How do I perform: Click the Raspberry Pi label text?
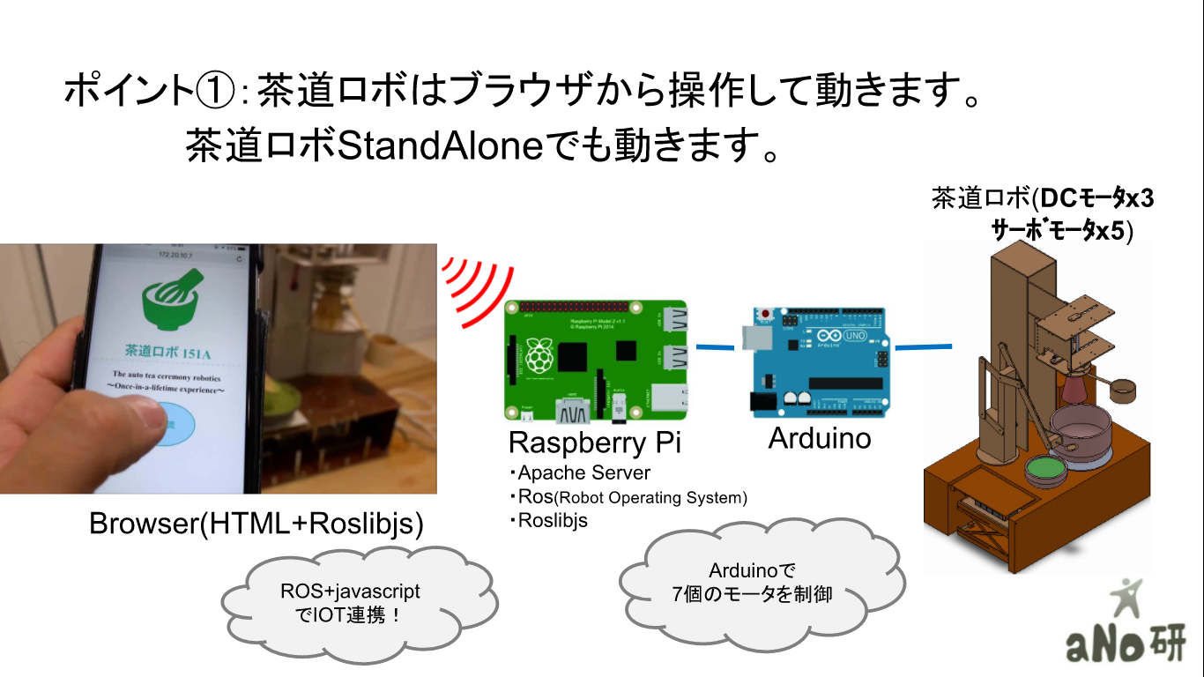point(595,442)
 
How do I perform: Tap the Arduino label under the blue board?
point(820,438)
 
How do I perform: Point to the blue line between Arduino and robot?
point(925,346)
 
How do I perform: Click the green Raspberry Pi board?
point(597,360)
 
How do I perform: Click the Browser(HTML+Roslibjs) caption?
point(256,524)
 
